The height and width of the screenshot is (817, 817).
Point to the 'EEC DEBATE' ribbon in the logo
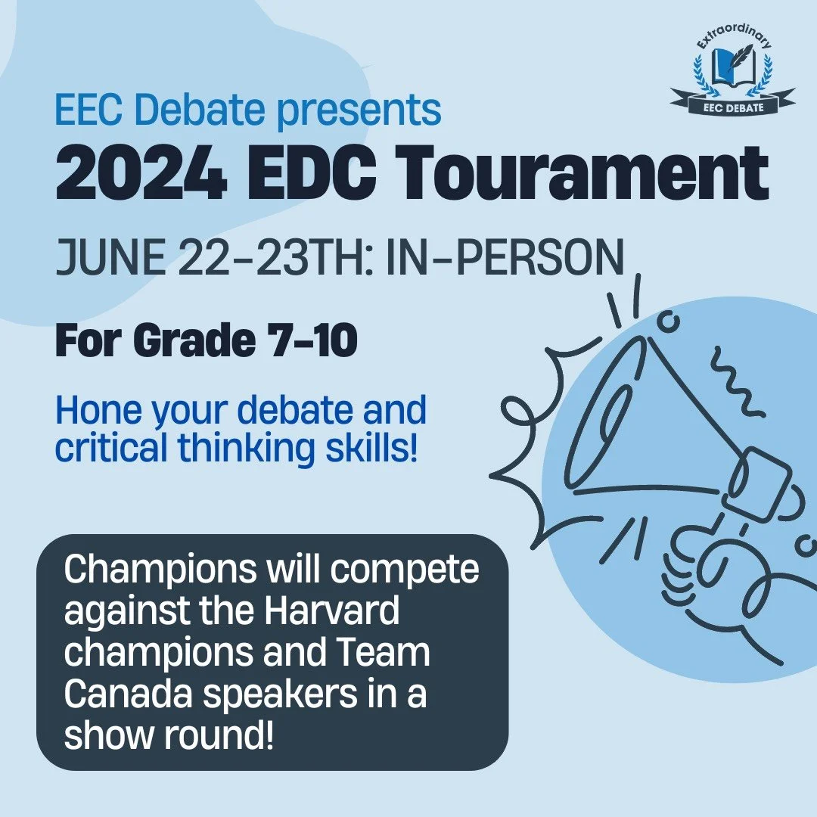coord(732,107)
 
